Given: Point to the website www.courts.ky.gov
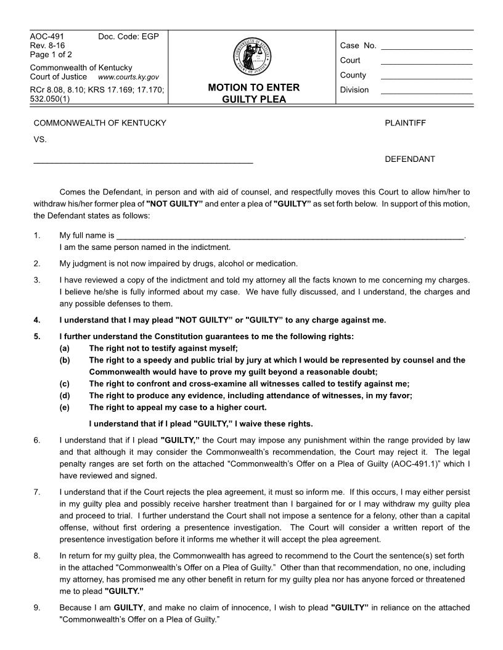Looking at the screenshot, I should point(128,78).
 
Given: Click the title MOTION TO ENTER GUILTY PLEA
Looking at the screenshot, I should point(253,94).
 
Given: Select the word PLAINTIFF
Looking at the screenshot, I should point(405,123).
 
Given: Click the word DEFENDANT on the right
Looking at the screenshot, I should point(409,159).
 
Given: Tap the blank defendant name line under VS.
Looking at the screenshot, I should point(143,161).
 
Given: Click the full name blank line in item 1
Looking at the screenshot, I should point(290,236).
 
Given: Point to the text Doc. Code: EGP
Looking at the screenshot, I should point(128,37).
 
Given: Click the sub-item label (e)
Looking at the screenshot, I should point(64,407).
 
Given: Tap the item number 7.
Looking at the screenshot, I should point(37,493).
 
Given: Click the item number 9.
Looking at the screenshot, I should point(37,608).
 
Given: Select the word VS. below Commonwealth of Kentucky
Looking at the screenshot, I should point(40,140).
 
